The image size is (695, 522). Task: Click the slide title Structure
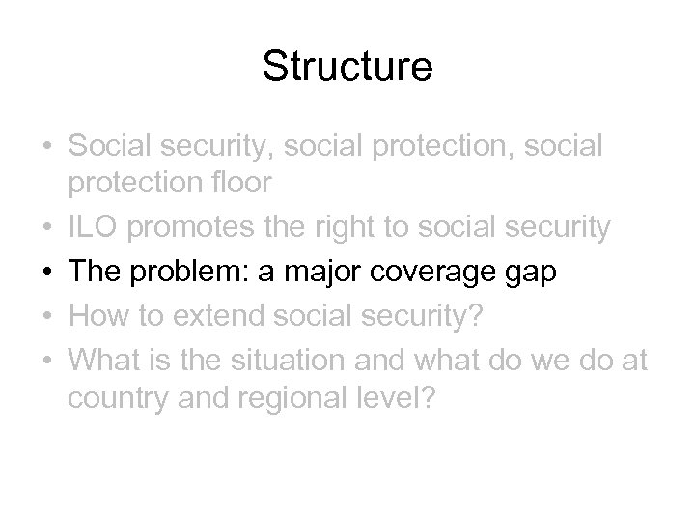[347, 69]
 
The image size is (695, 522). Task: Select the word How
[98, 316]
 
